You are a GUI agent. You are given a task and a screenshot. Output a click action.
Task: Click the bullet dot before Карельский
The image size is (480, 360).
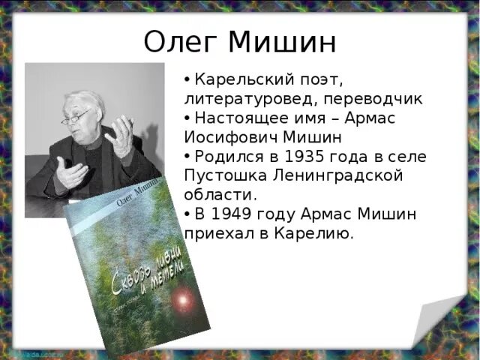187,79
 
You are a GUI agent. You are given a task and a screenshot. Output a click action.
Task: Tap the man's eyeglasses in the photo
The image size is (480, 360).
76,117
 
